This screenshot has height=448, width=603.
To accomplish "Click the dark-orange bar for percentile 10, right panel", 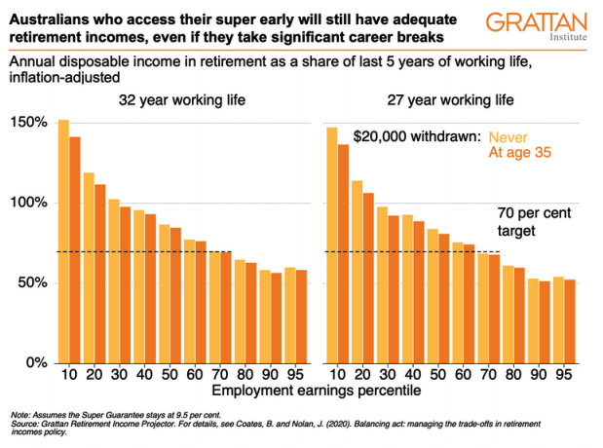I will (343, 253).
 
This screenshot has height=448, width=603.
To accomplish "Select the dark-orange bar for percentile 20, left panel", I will (100, 274).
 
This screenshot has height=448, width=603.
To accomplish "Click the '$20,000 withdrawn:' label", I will (417, 137).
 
